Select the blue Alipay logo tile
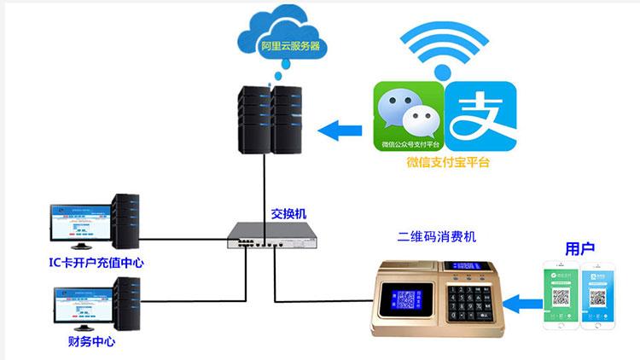click(481, 115)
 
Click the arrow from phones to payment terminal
click(520, 299)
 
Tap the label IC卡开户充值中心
click(95, 263)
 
